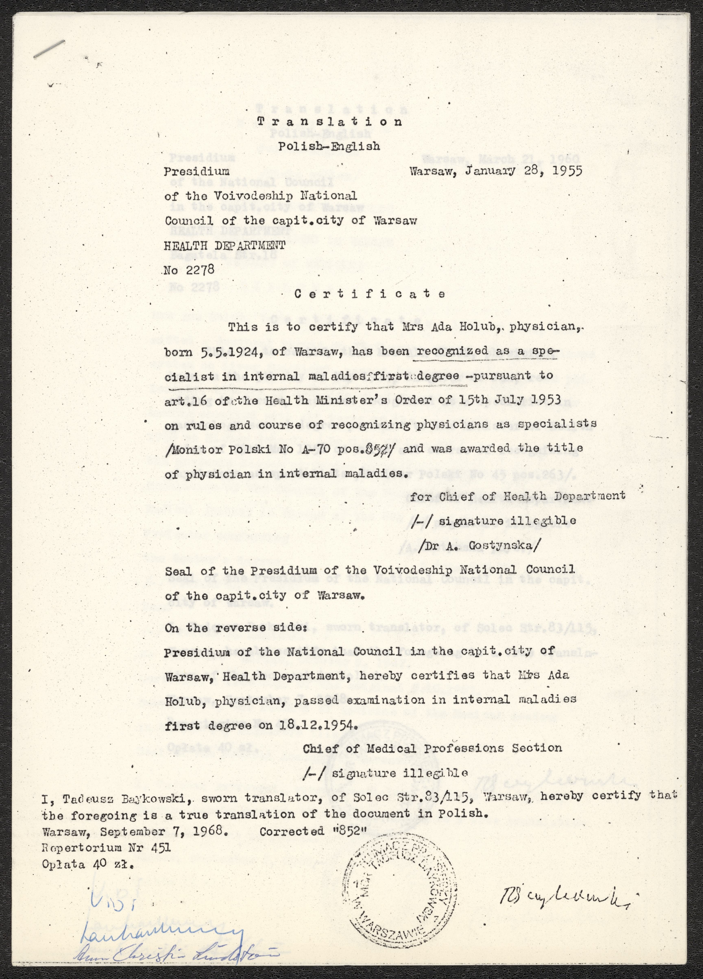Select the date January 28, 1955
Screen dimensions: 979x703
(523, 171)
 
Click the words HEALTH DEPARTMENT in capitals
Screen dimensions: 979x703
(225, 246)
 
